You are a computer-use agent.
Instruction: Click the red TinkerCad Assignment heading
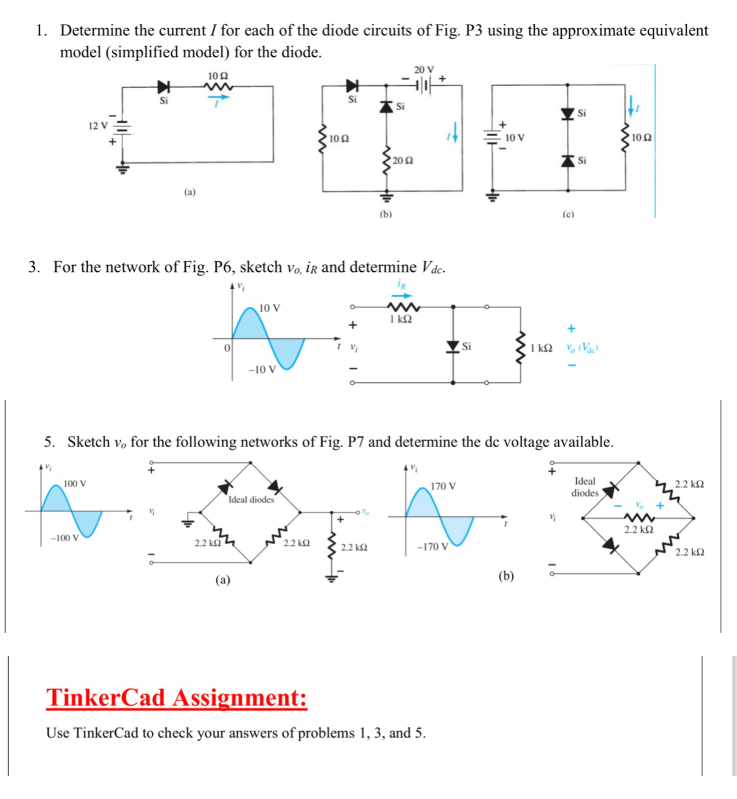click(177, 698)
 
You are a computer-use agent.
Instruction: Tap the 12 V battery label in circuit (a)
click(98, 126)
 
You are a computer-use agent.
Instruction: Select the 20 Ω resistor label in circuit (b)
click(403, 160)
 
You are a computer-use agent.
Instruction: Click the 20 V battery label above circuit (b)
click(424, 70)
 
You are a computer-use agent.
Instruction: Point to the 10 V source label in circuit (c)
click(514, 138)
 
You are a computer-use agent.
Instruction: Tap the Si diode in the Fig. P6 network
click(453, 347)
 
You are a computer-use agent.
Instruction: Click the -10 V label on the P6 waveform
click(262, 369)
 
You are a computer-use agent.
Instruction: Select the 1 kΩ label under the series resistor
click(401, 319)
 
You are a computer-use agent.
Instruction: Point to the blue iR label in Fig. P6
click(402, 285)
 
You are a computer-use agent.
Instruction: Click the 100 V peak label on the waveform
click(75, 483)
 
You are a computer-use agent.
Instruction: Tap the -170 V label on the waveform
click(432, 547)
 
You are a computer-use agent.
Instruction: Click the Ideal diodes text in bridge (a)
click(251, 500)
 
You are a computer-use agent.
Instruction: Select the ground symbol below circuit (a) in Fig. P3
click(123, 170)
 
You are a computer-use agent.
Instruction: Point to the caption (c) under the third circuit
click(568, 214)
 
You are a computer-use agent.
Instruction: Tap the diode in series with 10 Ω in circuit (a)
click(164, 87)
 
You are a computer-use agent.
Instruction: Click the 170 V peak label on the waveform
click(443, 486)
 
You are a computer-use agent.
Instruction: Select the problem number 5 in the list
click(49, 442)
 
